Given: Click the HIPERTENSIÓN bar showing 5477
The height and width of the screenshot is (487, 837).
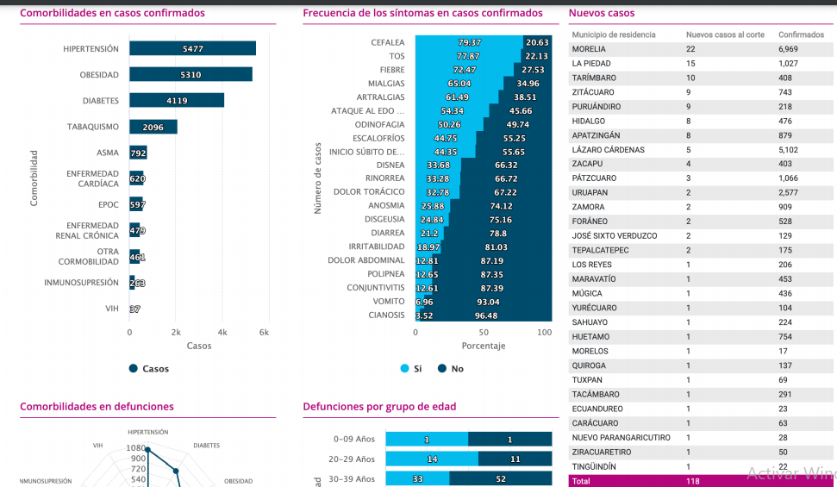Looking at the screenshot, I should point(192,49).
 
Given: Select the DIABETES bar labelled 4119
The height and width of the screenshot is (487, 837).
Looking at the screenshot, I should point(177,101).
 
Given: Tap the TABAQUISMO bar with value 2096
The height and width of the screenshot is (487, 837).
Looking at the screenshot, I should point(153,127).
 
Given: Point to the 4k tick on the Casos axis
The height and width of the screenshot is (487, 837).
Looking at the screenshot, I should point(222,332).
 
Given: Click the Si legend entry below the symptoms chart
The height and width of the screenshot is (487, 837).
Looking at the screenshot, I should point(412,369).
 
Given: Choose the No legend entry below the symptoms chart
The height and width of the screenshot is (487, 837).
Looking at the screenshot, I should point(451,369).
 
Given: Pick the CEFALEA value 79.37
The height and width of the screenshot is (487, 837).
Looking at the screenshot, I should point(469,42).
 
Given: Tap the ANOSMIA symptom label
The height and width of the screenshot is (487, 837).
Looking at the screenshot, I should point(386,205).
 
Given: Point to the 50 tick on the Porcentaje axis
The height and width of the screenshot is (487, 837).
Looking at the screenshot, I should point(484,332).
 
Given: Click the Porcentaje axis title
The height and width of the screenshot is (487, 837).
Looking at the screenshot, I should point(484,346).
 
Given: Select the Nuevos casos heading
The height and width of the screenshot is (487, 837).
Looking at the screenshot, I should point(602,13).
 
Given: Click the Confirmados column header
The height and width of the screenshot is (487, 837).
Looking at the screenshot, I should point(801,34).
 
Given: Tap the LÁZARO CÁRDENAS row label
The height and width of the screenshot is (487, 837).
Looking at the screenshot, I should point(608,150).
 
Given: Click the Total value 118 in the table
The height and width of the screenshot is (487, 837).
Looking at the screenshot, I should point(692,481).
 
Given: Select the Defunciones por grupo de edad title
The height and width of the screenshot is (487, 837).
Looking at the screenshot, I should point(379,407).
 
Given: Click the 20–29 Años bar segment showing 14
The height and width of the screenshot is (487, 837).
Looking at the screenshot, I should point(432,459).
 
